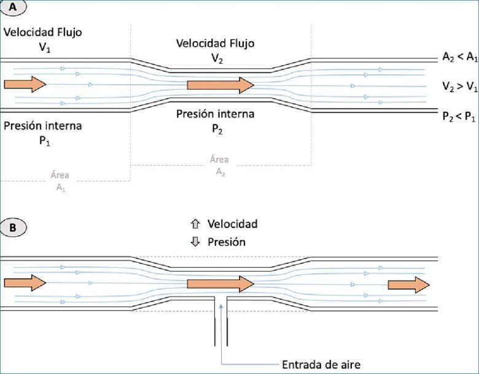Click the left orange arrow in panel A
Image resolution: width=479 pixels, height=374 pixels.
pyautogui.click(x=25, y=84)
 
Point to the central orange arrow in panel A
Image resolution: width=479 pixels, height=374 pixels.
pyautogui.click(x=220, y=84)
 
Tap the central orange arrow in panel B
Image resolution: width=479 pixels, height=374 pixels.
pyautogui.click(x=220, y=283)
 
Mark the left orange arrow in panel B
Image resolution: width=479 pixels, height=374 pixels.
pyautogui.click(x=25, y=283)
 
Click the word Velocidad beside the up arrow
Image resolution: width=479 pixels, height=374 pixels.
pyautogui.click(x=232, y=224)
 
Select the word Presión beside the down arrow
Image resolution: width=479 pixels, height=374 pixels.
pyautogui.click(x=227, y=242)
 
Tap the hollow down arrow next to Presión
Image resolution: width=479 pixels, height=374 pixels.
pyautogui.click(x=197, y=242)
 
